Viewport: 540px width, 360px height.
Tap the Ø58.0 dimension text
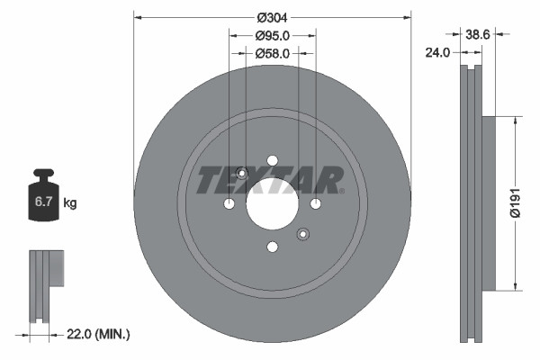pyautogui.click(x=272, y=54)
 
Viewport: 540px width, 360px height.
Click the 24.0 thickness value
pyautogui.click(x=437, y=53)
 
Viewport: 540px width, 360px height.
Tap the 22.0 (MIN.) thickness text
pyautogui.click(x=99, y=334)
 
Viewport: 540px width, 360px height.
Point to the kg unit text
pyautogui.click(x=69, y=203)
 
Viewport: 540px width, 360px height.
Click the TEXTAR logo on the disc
pyautogui.click(x=268, y=179)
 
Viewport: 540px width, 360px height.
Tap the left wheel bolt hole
pyautogui.click(x=229, y=205)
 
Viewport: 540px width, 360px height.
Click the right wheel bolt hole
pyautogui.click(x=315, y=205)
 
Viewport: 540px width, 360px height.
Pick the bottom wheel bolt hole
pyautogui.click(x=272, y=248)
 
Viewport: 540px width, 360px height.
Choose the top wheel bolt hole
pyautogui.click(x=272, y=162)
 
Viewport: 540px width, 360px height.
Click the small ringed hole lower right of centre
pyautogui.click(x=302, y=235)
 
